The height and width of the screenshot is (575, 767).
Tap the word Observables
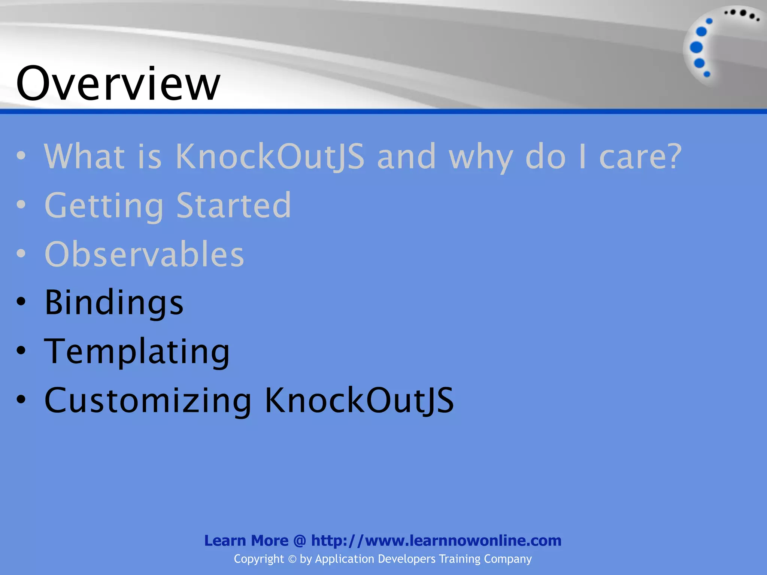(x=144, y=254)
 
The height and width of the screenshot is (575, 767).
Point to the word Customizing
(x=148, y=401)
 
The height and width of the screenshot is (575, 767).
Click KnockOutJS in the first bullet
(x=270, y=156)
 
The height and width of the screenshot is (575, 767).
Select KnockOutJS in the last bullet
(x=360, y=401)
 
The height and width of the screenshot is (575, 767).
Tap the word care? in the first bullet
(x=640, y=156)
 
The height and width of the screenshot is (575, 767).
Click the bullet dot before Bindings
(x=21, y=302)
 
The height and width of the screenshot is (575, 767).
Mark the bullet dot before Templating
(x=21, y=350)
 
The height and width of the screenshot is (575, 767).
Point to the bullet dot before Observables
(x=21, y=253)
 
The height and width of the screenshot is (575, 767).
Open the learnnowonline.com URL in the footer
(x=436, y=541)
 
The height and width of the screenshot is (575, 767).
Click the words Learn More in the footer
(x=246, y=541)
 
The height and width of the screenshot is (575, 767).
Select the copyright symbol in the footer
(x=292, y=559)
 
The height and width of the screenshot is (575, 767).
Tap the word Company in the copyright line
(x=507, y=559)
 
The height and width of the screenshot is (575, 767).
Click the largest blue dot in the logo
(x=696, y=48)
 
